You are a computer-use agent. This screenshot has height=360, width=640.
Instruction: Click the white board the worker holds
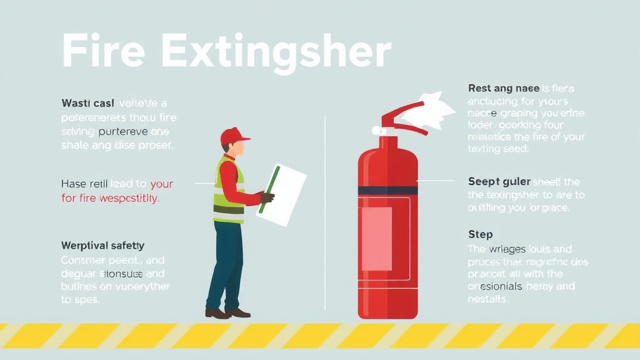(282, 194)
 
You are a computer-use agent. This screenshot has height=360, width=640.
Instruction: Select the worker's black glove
(267, 197)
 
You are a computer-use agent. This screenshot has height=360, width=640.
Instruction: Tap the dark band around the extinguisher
(387, 190)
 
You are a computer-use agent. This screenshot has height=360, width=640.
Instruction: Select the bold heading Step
(480, 234)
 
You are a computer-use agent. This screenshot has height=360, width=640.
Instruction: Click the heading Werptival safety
(102, 246)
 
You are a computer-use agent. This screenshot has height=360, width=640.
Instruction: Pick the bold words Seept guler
(499, 182)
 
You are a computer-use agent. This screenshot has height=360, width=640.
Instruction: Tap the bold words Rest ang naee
(504, 89)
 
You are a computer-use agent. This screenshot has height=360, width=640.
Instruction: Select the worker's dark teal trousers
(225, 262)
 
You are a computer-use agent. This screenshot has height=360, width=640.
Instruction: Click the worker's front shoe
(238, 312)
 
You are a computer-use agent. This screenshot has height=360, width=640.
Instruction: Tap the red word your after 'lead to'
(161, 184)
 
